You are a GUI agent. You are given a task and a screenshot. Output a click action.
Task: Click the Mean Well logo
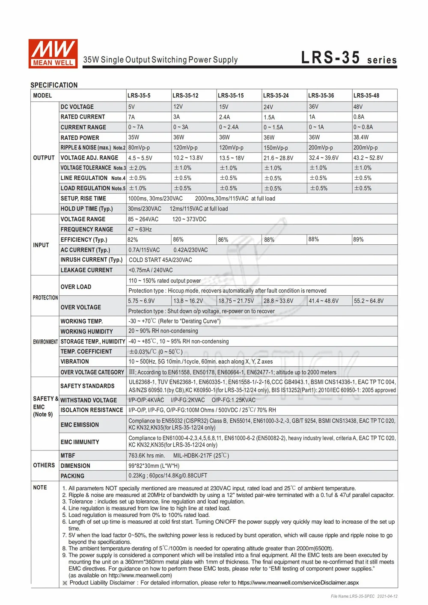[x=53, y=53]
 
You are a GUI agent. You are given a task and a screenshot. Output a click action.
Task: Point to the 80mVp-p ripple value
[x=139, y=148]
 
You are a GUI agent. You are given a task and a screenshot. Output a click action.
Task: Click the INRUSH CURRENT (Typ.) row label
[x=92, y=260]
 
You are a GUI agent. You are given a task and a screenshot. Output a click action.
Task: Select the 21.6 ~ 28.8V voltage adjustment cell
[x=278, y=158]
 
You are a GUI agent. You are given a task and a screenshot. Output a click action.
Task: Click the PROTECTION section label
[x=45, y=297]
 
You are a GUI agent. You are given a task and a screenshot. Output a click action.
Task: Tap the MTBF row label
[x=68, y=456]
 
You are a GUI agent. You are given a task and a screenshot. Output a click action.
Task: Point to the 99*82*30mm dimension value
[x=154, y=466]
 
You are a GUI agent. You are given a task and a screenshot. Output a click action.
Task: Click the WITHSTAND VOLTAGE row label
[x=89, y=400]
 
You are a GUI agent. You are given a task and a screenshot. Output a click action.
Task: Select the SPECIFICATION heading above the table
[x=54, y=85]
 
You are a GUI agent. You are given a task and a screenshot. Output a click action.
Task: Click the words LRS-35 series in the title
[x=349, y=58]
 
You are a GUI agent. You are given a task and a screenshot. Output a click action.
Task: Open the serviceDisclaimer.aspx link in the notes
[x=298, y=582]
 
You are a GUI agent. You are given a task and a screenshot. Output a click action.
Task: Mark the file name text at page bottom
[x=364, y=596]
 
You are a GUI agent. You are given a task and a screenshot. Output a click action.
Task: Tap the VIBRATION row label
[x=75, y=362]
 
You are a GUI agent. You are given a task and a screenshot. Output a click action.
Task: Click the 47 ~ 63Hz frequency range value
[x=140, y=229]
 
